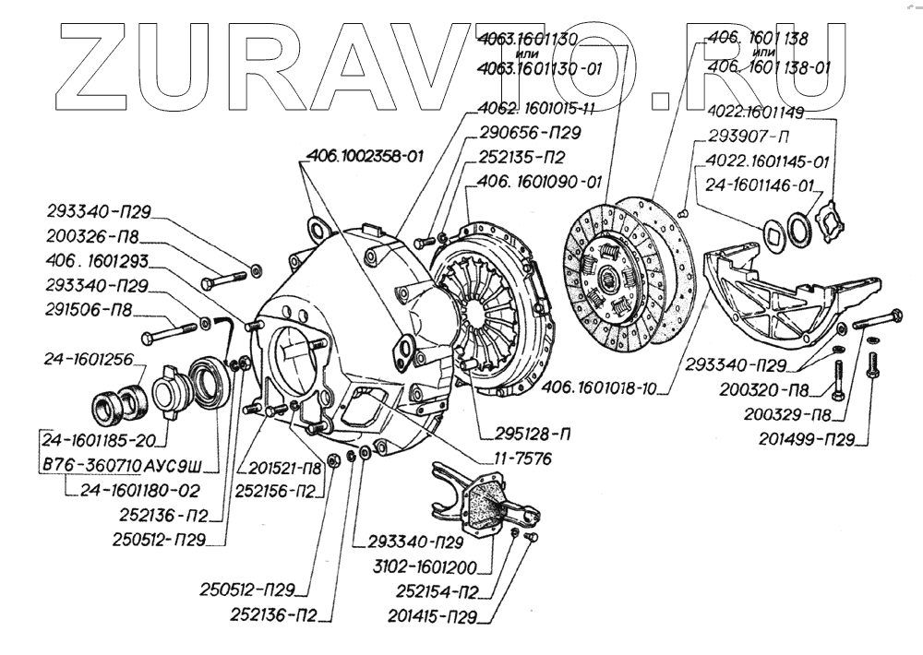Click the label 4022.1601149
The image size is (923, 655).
(757, 113)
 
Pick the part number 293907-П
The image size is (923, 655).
(747, 137)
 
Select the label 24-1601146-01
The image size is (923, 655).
(760, 184)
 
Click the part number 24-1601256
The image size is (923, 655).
(89, 357)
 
